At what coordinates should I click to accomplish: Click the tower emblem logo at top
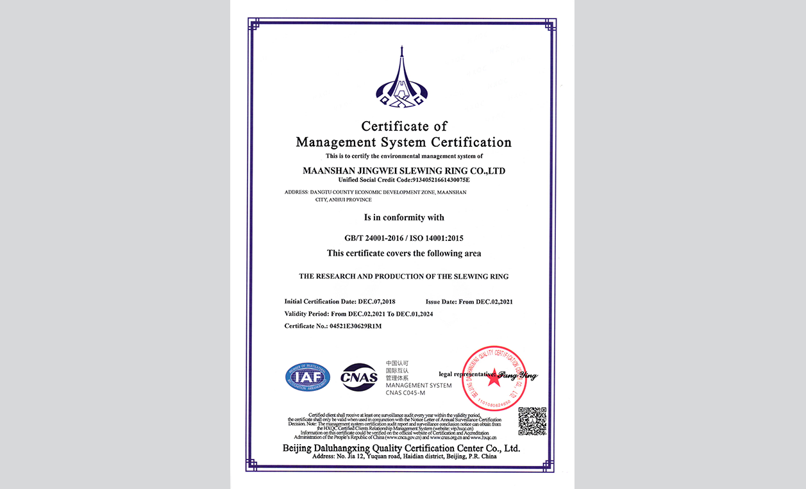[401, 78]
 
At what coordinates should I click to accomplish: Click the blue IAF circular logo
[308, 377]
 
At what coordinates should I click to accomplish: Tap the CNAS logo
[359, 377]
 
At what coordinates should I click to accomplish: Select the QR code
[532, 421]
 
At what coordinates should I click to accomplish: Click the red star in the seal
[494, 377]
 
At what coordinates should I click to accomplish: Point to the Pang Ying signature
[517, 376]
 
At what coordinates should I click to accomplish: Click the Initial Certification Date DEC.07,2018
[376, 301]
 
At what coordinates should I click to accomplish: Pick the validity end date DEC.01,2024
[414, 314]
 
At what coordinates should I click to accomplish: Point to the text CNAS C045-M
[405, 392]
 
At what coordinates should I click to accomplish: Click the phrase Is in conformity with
[403, 217]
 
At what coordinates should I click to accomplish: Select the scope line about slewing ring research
[403, 277]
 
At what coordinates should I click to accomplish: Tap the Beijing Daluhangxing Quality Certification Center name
[401, 448]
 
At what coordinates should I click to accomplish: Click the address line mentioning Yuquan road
[404, 456]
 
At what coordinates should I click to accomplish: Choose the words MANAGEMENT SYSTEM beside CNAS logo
[418, 385]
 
